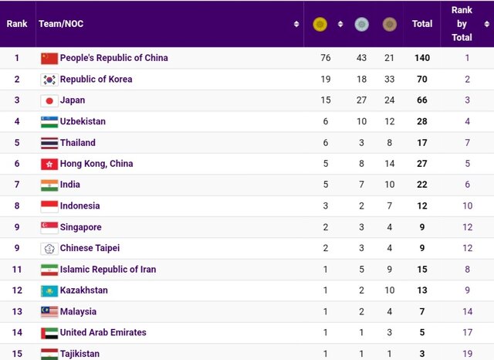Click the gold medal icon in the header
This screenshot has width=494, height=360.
pyautogui.click(x=320, y=24)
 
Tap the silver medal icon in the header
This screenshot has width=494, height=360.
pyautogui.click(x=361, y=24)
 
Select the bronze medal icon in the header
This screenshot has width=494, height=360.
pyautogui.click(x=391, y=24)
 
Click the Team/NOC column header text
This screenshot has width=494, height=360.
pyautogui.click(x=61, y=24)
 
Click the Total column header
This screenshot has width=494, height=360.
pyautogui.click(x=422, y=24)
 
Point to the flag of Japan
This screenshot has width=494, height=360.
pyautogui.click(x=49, y=100)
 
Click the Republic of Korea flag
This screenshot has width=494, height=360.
pyautogui.click(x=49, y=80)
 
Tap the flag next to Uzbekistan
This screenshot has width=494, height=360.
pyautogui.click(x=49, y=121)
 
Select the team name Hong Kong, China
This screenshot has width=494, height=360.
pyautogui.click(x=96, y=164)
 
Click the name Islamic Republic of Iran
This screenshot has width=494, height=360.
pyautogui.click(x=108, y=270)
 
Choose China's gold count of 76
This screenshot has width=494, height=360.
pyautogui.click(x=326, y=58)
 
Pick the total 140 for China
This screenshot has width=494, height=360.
pyautogui.click(x=421, y=58)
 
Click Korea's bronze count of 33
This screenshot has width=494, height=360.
pyautogui.click(x=389, y=80)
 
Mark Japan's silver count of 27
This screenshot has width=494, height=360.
pyautogui.click(x=361, y=100)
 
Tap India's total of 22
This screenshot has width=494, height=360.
pyautogui.click(x=421, y=185)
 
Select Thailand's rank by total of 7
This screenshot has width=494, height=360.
pyautogui.click(x=468, y=143)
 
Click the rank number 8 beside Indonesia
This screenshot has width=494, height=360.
pyautogui.click(x=17, y=206)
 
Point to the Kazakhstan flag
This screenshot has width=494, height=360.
pyautogui.click(x=49, y=290)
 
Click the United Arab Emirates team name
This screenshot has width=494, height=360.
pyautogui.click(x=103, y=333)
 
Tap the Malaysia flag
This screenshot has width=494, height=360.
pyautogui.click(x=49, y=311)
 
